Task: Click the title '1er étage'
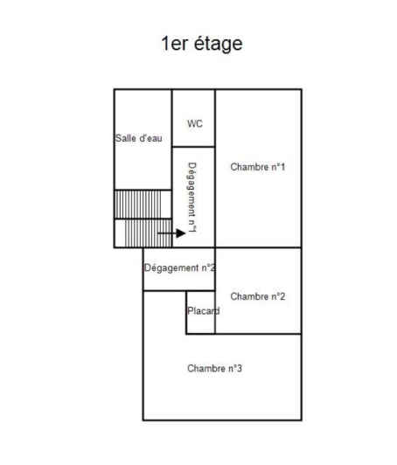(x=202, y=44)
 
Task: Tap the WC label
(x=194, y=124)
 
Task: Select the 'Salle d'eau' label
(x=138, y=138)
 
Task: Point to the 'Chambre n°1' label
(x=258, y=167)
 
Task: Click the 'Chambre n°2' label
(x=258, y=297)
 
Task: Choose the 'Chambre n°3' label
(x=214, y=368)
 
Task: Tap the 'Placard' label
(x=203, y=311)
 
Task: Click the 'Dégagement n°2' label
(x=180, y=268)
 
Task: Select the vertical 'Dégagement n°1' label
(x=192, y=198)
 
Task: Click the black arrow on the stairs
(x=171, y=233)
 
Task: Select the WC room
(x=193, y=118)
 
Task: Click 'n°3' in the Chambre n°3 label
(x=233, y=368)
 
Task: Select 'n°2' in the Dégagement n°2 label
(x=207, y=268)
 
